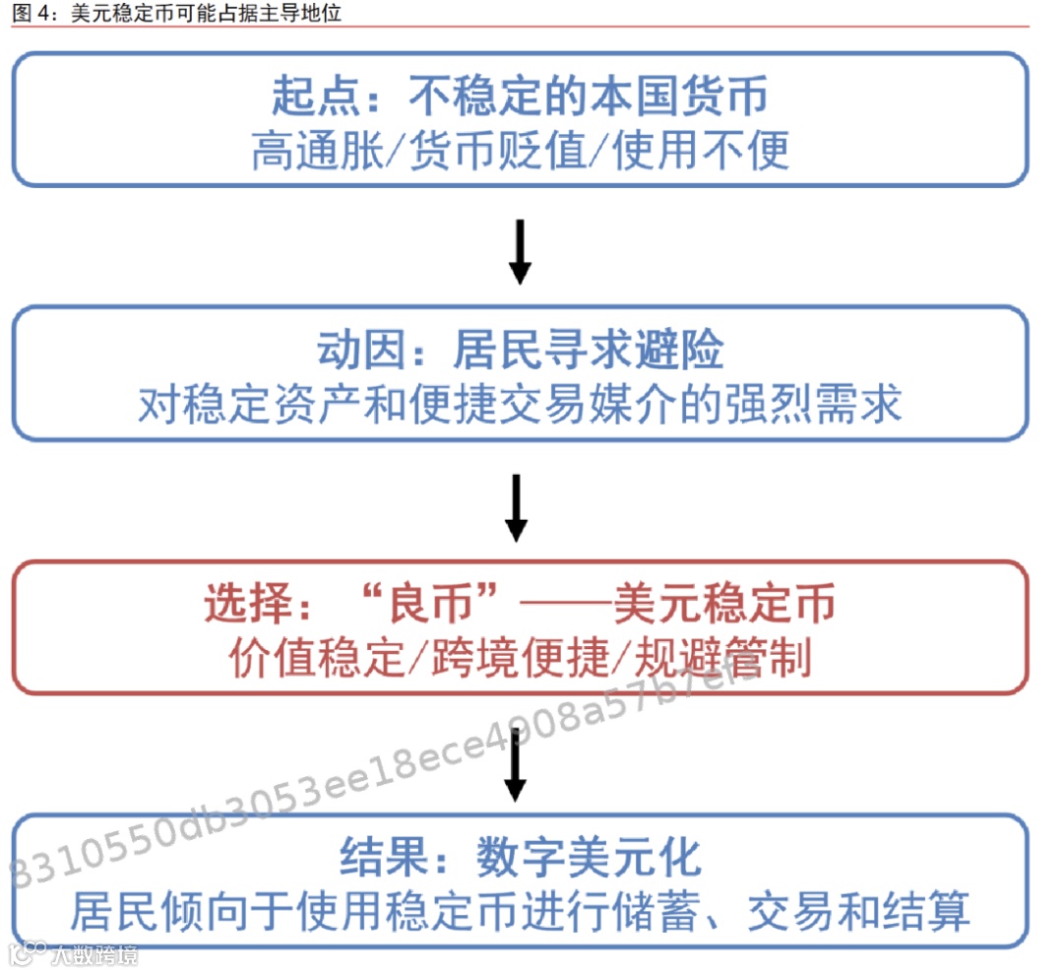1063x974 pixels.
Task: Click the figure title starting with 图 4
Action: [x=177, y=14]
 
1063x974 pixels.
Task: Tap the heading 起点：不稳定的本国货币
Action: [x=520, y=97]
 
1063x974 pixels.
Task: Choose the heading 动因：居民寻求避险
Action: [x=520, y=350]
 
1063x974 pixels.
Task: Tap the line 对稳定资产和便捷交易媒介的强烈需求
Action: [x=520, y=404]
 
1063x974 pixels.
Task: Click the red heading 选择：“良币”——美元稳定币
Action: [x=520, y=604]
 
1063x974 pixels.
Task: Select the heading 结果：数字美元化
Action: [x=520, y=857]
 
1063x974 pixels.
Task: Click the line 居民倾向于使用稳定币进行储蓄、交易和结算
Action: [x=520, y=911]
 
